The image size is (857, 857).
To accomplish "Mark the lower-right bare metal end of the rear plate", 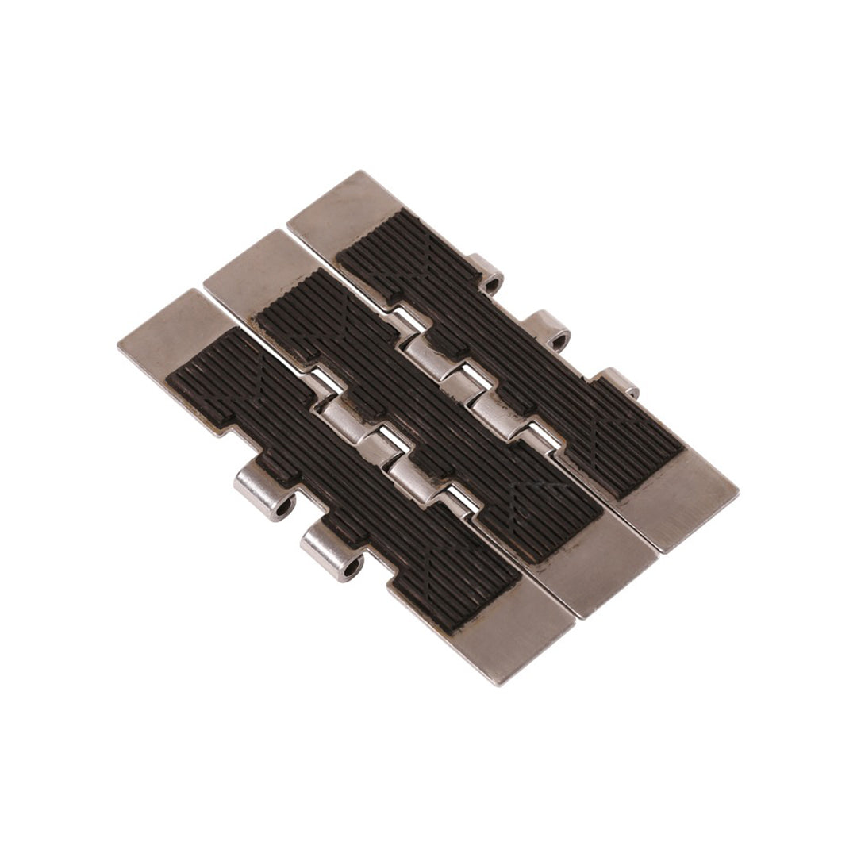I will pyautogui.click(x=682, y=500).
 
